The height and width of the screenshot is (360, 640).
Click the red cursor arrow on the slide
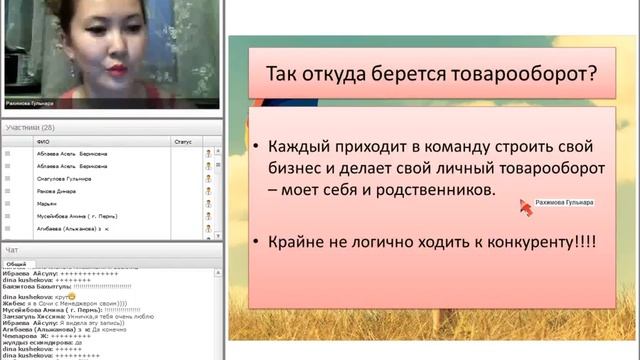(x=524, y=205)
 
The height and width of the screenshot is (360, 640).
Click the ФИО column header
(x=42, y=142)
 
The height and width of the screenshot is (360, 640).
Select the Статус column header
(x=182, y=142)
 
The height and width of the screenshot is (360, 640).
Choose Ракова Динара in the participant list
(x=55, y=190)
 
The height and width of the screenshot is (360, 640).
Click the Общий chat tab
(x=17, y=263)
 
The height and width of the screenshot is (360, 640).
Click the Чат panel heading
(x=12, y=248)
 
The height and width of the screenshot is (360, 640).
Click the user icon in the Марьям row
(x=209, y=203)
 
